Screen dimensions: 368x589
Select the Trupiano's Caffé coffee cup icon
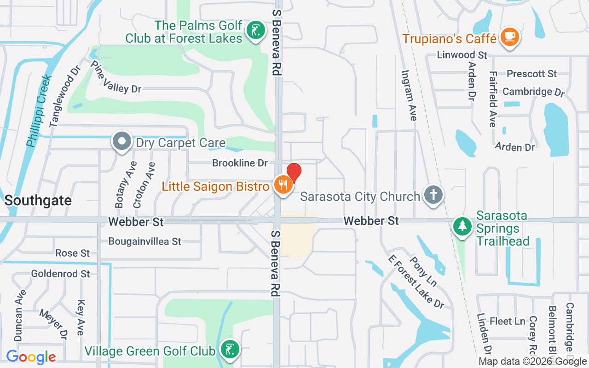[x=509, y=37]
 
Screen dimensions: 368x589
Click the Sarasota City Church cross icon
[x=433, y=195]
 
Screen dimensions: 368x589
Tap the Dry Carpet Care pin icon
[x=122, y=142]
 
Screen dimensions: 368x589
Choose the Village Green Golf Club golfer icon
[x=229, y=350]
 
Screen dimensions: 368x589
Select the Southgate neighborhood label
[x=38, y=201]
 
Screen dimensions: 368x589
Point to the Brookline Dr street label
[x=240, y=163]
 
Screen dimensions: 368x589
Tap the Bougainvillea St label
[x=145, y=241]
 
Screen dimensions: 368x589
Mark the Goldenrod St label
[x=61, y=274]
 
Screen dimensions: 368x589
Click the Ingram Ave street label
[x=409, y=95]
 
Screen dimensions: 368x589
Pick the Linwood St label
[x=462, y=55]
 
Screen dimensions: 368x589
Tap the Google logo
[x=31, y=357]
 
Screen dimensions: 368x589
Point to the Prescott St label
[x=531, y=74]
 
